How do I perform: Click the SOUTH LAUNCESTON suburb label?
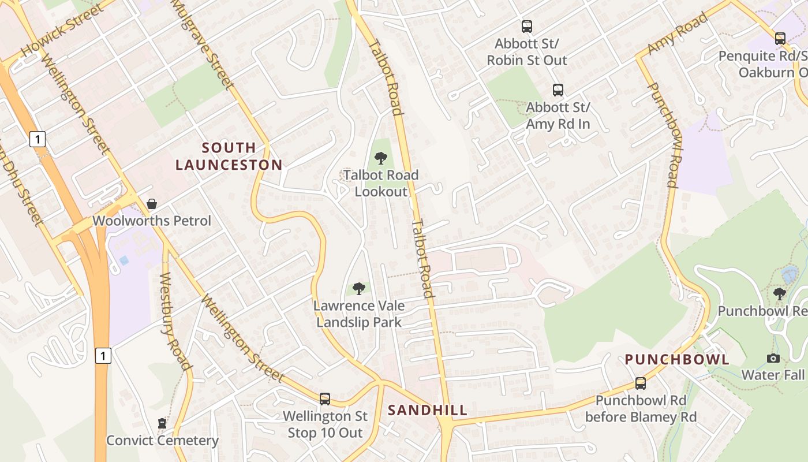(229, 157)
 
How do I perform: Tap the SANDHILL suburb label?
(427, 411)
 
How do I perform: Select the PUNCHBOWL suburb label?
(677, 360)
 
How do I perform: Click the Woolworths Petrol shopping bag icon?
(151, 204)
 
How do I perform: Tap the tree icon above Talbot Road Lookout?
(380, 158)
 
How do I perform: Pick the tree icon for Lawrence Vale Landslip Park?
(359, 288)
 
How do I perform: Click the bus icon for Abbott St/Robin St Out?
(527, 26)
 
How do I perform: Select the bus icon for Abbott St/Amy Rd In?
(558, 90)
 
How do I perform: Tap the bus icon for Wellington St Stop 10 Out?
(325, 398)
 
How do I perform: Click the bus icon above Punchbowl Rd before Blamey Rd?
(640, 383)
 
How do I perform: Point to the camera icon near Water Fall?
(773, 358)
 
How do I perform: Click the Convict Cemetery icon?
(162, 423)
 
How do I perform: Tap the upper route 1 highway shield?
(38, 139)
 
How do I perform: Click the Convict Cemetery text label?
(162, 441)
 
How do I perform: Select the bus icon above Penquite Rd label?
(780, 39)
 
